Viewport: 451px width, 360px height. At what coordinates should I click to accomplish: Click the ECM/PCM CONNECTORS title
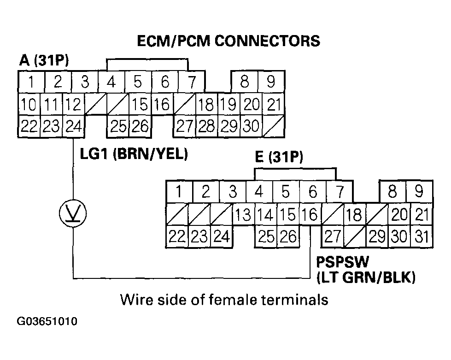point(228,41)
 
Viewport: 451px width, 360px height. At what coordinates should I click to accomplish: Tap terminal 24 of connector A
point(74,126)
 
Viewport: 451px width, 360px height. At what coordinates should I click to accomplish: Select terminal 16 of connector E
point(310,215)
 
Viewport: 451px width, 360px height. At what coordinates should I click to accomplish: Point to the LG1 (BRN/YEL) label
point(134,154)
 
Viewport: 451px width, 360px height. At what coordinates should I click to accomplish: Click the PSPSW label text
point(342,263)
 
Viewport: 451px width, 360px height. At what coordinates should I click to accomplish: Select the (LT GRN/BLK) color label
point(366,277)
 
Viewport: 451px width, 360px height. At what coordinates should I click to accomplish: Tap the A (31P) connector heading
point(44,61)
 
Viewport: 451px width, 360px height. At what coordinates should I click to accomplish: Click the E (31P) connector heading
point(279,158)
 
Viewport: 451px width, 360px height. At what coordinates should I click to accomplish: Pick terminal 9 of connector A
point(271,83)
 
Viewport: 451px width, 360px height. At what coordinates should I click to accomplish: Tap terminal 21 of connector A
point(274,104)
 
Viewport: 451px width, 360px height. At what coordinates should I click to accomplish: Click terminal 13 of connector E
point(243,215)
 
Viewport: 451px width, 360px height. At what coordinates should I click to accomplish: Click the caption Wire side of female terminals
point(224,300)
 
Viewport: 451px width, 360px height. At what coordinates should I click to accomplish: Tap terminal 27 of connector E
point(333,237)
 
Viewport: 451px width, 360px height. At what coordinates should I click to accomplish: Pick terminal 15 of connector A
point(139,104)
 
